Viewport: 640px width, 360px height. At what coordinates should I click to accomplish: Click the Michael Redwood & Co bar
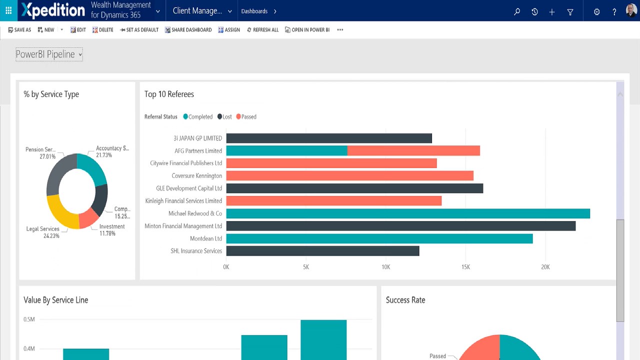click(x=408, y=213)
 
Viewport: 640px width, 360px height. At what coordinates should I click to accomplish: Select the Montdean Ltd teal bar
click(x=379, y=238)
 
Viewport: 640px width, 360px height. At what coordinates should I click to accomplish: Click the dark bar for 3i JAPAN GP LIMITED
click(x=328, y=138)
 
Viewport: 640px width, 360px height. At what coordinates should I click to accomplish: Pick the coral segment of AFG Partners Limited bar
click(x=413, y=150)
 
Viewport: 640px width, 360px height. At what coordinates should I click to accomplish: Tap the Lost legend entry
click(x=224, y=117)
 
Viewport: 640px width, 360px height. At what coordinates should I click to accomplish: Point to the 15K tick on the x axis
click(x=465, y=267)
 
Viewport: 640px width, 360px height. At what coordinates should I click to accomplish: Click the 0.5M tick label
click(x=29, y=319)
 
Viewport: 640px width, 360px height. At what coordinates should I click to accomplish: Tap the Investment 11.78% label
click(x=111, y=230)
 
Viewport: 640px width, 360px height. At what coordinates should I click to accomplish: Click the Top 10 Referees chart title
click(x=169, y=94)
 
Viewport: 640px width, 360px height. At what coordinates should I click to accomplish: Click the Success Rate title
click(x=405, y=300)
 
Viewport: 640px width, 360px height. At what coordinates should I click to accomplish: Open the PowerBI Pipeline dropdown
click(x=49, y=54)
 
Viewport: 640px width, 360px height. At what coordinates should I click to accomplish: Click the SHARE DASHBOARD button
click(x=188, y=30)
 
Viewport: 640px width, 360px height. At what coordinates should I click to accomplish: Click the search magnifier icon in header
click(x=517, y=11)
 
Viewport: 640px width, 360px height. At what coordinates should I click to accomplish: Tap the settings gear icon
click(x=596, y=11)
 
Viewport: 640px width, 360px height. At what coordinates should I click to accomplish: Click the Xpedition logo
click(x=53, y=10)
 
